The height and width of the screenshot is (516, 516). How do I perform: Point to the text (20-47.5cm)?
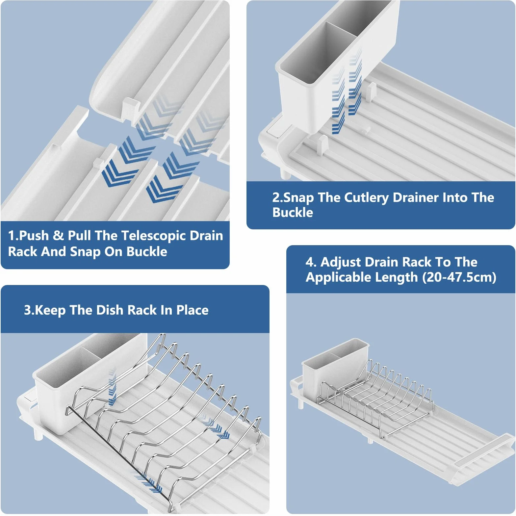click(459, 277)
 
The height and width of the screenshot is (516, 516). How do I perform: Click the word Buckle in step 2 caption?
click(293, 213)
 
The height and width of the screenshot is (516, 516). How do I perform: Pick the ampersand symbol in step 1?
click(58, 236)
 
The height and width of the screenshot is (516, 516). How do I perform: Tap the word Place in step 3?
click(192, 310)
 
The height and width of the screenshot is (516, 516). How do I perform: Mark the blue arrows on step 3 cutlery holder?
click(112, 387)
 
